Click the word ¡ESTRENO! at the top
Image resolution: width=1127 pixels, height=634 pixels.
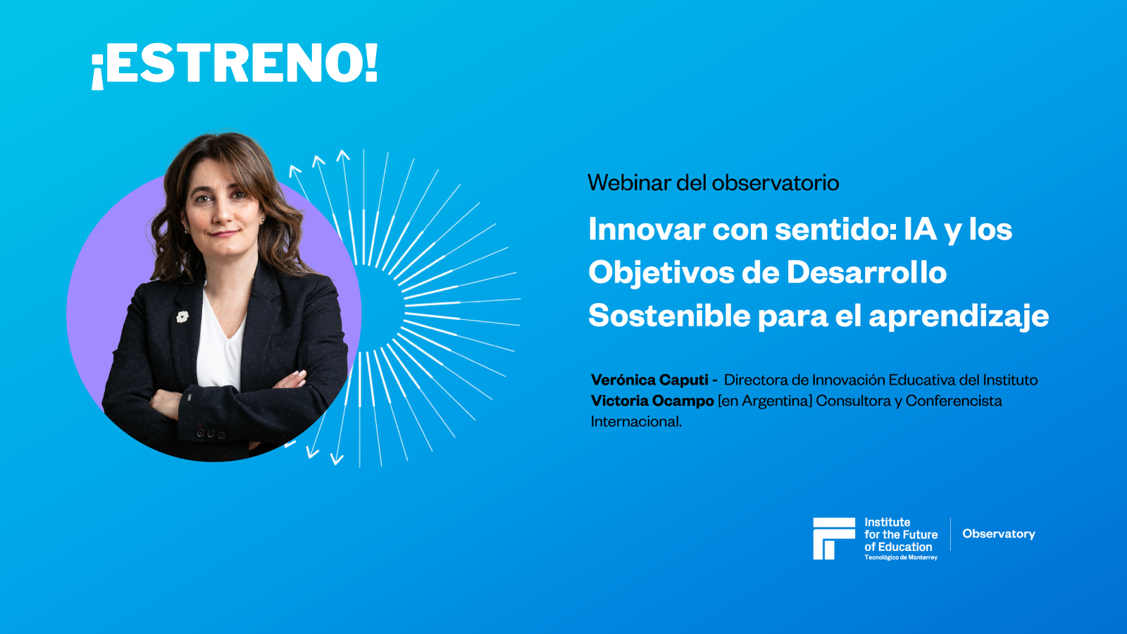pos(235,64)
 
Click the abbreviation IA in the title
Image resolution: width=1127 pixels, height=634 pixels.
pos(921,230)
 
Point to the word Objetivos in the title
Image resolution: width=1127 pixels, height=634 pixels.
pos(661,273)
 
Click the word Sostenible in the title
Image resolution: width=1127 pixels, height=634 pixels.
pos(669,316)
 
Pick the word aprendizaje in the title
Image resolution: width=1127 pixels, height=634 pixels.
pos(959,317)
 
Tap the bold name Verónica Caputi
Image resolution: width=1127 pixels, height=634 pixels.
pos(649,380)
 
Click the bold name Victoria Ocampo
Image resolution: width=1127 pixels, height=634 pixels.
pos(652,401)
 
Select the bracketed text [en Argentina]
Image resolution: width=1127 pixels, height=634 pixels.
pos(765,401)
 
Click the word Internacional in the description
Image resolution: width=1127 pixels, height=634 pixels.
pos(636,422)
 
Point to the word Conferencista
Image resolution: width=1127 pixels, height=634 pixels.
pos(954,401)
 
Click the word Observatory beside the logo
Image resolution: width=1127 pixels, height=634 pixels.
pos(999,534)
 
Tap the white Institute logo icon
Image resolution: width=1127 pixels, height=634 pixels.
pos(833,539)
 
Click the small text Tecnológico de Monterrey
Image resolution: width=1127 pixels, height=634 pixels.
pos(901,558)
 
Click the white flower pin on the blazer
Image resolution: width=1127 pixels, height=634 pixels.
pos(182,317)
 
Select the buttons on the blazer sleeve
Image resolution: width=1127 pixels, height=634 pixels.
pos(210,432)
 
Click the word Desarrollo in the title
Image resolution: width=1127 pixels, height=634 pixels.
pos(866,273)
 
